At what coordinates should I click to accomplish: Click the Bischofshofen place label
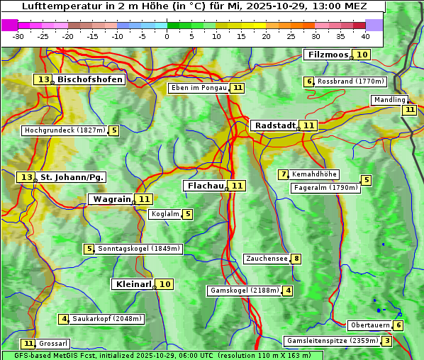click(90, 80)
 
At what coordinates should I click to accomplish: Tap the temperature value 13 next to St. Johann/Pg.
click(26, 176)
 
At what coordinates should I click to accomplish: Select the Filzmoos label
click(328, 55)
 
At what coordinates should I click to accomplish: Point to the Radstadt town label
click(274, 125)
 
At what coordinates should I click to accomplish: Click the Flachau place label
click(204, 186)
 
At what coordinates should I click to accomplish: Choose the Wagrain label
click(112, 199)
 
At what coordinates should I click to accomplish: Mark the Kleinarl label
click(133, 284)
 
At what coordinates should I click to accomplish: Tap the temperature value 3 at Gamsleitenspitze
click(386, 341)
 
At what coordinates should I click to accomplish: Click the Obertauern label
click(369, 325)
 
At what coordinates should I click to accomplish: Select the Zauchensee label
click(267, 259)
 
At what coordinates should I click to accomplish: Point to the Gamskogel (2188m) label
click(245, 291)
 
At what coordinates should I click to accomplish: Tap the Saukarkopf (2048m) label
click(107, 319)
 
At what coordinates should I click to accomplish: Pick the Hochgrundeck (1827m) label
click(65, 130)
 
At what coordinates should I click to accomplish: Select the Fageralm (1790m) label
click(325, 188)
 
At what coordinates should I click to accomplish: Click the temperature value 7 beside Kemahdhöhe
click(283, 174)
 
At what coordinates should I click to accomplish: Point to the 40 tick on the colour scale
click(365, 36)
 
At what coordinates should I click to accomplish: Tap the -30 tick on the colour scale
click(18, 36)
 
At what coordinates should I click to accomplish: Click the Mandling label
click(389, 100)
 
